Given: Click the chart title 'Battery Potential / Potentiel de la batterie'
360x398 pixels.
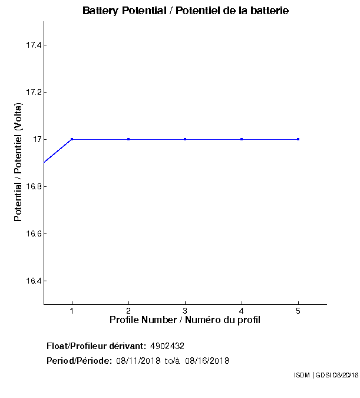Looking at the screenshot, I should click(186, 11).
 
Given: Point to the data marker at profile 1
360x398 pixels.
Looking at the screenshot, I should click(72, 139).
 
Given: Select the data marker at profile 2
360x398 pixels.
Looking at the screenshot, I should click(128, 139).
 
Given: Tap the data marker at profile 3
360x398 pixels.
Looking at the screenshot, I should click(185, 139).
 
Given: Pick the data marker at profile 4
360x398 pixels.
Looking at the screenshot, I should click(242, 139).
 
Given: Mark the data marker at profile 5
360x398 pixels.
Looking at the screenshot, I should click(298, 139).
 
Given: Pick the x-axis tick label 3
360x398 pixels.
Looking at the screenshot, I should click(185, 311).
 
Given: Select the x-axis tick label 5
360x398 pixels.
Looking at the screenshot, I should click(298, 311).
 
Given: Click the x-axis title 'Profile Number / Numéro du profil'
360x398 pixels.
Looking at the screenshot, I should click(185, 320).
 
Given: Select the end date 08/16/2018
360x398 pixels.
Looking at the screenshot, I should click(207, 361).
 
